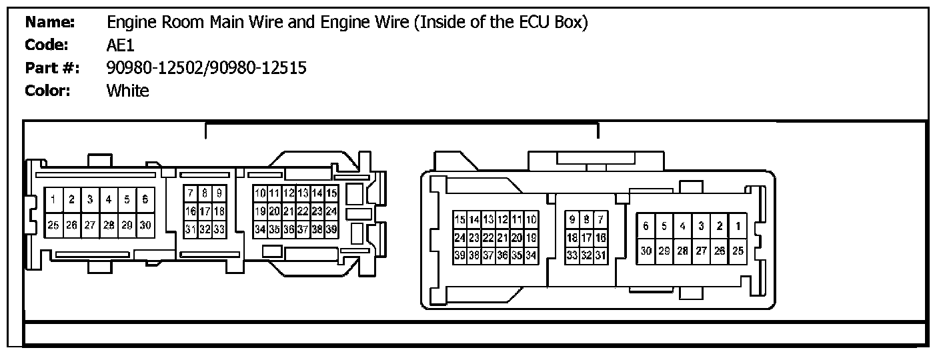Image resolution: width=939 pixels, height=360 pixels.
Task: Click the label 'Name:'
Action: [x=50, y=23]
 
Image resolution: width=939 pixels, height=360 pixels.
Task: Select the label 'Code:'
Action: [x=47, y=45]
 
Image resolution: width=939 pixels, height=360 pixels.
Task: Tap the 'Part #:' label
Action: [x=53, y=68]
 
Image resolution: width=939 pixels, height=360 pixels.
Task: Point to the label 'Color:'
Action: [x=48, y=91]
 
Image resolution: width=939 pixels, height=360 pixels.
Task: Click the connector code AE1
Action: [x=121, y=45]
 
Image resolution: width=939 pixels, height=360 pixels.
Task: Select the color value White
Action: [x=128, y=91]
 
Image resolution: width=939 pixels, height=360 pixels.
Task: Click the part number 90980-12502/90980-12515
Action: [x=207, y=68]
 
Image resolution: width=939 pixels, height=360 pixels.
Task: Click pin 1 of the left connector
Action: [x=53, y=199]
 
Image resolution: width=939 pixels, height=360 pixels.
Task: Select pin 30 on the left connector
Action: [x=145, y=225]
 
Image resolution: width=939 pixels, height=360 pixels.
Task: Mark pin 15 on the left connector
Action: [x=331, y=193]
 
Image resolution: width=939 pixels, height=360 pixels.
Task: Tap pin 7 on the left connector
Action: [x=191, y=193]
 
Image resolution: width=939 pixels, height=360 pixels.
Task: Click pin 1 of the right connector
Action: [x=738, y=226]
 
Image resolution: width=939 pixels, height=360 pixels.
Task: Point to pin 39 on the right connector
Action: [x=459, y=255]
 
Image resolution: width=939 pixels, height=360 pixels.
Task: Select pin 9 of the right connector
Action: [x=572, y=219]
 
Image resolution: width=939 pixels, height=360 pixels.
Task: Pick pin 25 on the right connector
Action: [x=738, y=251]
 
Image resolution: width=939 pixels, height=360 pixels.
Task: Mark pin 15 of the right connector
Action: [x=459, y=219]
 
